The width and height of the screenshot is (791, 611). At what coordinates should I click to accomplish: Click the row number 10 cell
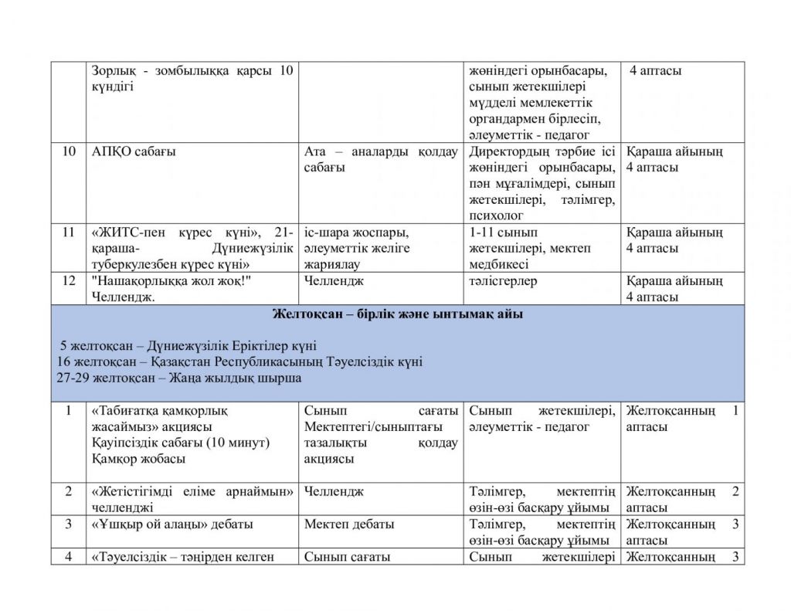(x=69, y=151)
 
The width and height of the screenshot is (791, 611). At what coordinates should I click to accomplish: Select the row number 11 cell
(x=69, y=233)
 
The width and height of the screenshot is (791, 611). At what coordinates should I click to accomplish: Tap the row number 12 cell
(x=69, y=281)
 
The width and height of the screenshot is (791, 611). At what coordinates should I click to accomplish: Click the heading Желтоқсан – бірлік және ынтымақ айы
(x=398, y=314)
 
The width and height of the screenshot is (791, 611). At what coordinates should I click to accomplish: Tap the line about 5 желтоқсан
(x=188, y=346)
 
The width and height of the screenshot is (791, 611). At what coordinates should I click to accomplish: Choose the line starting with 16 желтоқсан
(x=239, y=362)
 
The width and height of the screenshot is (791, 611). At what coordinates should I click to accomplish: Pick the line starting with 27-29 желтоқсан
(x=179, y=378)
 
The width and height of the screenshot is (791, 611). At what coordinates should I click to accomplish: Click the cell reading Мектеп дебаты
(x=349, y=524)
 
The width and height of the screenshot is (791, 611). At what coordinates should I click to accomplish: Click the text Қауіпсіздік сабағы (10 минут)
(x=179, y=443)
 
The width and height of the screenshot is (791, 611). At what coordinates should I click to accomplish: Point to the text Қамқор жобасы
(x=137, y=459)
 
